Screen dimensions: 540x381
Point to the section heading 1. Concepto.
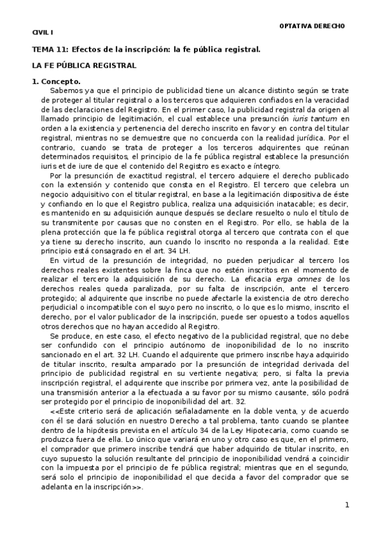tap(57, 82)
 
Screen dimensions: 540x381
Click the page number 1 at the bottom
tap(347, 505)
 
